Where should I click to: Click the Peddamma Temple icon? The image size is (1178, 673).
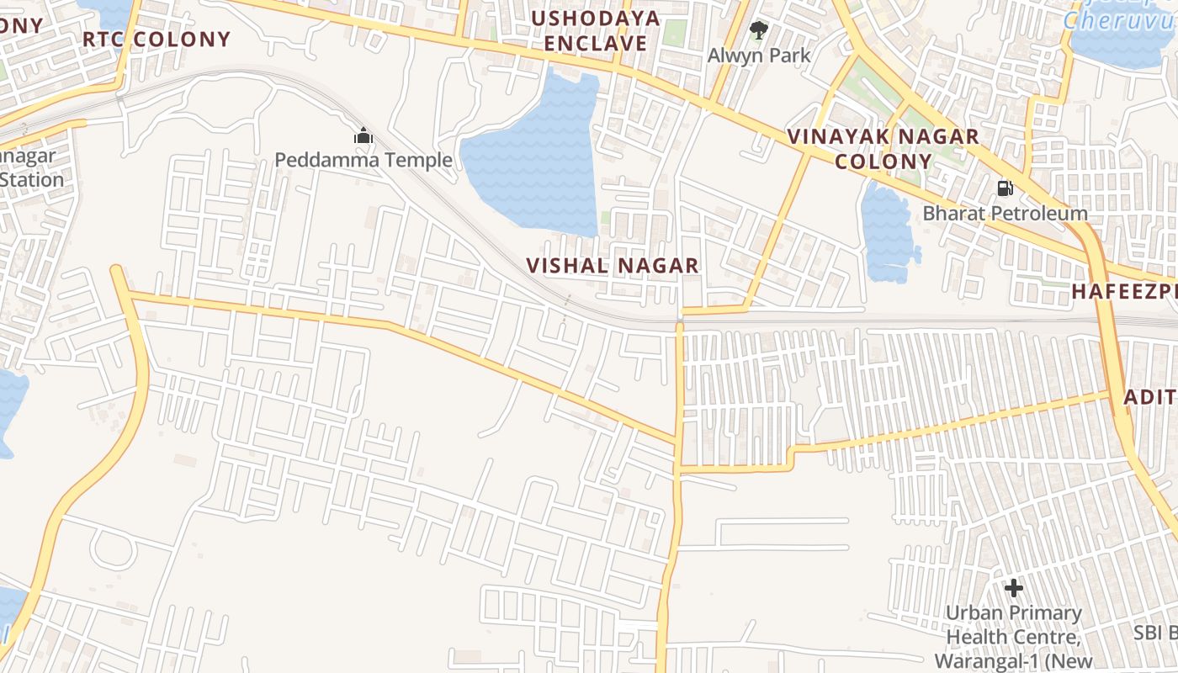(363, 135)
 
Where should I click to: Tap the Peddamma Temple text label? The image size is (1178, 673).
(363, 160)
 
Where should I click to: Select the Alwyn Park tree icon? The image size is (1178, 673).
(759, 31)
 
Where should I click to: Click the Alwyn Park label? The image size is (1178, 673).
(759, 56)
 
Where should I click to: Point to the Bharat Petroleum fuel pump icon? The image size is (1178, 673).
(1005, 188)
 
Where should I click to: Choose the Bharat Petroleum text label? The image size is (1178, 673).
(1005, 213)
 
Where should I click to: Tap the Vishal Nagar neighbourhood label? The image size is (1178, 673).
(613, 266)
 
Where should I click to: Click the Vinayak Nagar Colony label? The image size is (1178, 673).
(883, 149)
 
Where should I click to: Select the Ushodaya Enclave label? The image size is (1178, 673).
(596, 31)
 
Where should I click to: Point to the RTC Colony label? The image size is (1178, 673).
(157, 40)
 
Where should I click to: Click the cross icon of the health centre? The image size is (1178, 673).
(1014, 587)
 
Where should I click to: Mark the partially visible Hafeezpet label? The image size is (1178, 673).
(1123, 292)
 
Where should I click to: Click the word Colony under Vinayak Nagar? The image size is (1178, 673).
(883, 162)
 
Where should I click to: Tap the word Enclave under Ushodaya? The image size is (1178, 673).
(596, 44)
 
